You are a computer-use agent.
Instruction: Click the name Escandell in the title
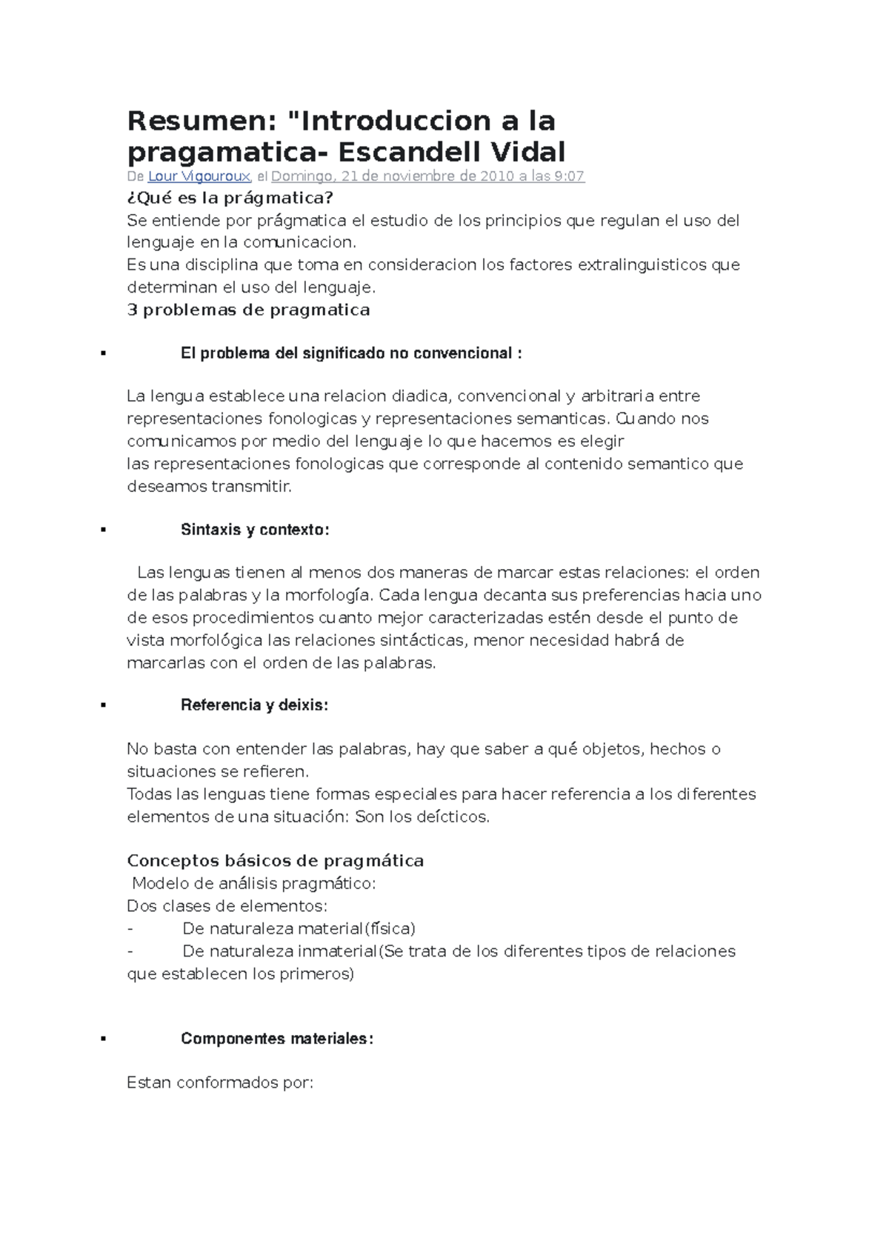(398, 153)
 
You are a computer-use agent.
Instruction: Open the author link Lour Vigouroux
(199, 176)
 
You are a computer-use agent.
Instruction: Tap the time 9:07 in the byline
(569, 176)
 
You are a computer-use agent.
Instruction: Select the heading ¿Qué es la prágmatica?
(230, 198)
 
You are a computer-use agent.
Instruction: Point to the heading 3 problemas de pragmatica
(248, 310)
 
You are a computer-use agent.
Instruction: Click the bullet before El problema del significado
(103, 354)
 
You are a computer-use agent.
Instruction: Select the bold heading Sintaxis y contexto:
(255, 530)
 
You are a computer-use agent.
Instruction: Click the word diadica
(419, 396)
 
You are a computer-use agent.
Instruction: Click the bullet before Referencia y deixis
(103, 706)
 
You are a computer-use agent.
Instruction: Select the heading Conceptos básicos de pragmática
(275, 861)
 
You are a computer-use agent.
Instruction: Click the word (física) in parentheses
(390, 929)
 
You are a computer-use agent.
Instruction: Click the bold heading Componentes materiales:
(277, 1039)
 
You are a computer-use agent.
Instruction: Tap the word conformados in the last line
(227, 1083)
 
